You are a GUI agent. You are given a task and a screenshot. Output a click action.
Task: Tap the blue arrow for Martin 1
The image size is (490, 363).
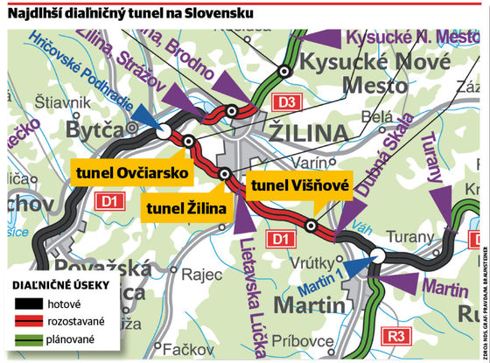tap(357, 264)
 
